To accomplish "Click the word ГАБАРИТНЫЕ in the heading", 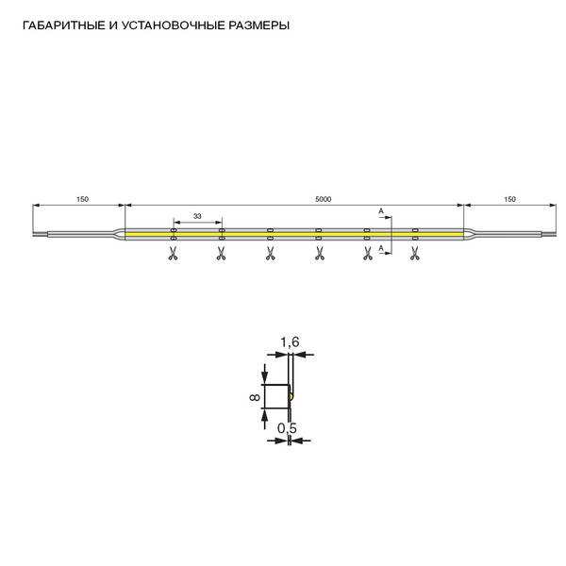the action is [63, 25].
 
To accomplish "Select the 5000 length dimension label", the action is [323, 199].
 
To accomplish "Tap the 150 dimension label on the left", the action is [82, 199].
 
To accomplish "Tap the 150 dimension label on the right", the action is [509, 199].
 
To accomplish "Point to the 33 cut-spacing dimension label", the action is [197, 216].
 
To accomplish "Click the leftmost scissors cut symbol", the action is [173, 253].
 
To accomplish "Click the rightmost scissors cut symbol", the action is [415, 253].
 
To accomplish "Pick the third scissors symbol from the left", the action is [270, 253].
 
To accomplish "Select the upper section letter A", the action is [381, 211].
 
